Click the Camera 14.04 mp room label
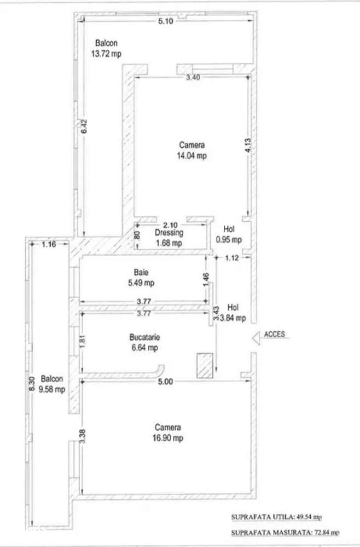(192, 151)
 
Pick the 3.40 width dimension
(193, 78)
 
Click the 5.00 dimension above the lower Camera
(166, 382)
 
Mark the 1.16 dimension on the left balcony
(49, 244)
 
